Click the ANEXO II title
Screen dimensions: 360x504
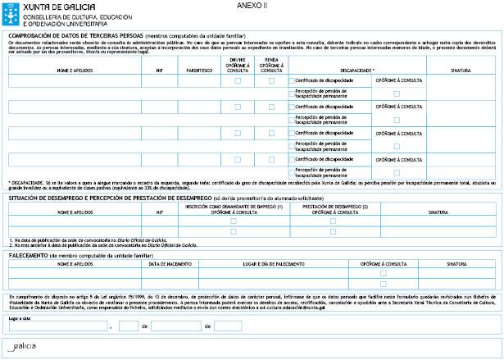tap(251, 5)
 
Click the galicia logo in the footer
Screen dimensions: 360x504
tap(21, 347)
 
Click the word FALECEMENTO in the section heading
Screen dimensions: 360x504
tap(34, 255)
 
